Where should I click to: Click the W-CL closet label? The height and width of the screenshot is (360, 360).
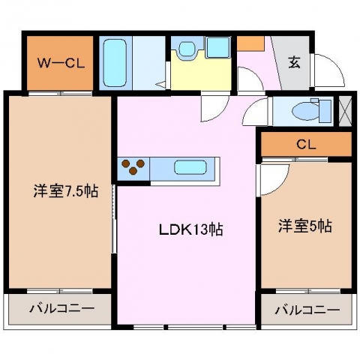coord(61,63)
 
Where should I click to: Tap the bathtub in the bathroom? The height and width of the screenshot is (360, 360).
coord(115,63)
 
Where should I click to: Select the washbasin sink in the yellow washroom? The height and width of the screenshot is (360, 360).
coord(187,49)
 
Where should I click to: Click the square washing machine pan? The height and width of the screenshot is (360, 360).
coord(218,47)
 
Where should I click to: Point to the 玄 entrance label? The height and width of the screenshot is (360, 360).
coord(294,62)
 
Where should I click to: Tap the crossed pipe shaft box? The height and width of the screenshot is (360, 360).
coord(345,111)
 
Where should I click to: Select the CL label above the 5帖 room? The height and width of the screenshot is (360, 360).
coord(307,145)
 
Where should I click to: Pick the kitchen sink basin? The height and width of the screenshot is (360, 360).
coord(190,167)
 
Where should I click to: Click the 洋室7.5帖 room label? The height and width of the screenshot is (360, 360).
coord(66,191)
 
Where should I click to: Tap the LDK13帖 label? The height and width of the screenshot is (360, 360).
coord(191,229)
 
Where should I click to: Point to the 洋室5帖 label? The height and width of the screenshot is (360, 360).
coord(305,226)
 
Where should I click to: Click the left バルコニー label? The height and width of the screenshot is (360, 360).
coord(62,308)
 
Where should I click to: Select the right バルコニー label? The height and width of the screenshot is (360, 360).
coord(307,310)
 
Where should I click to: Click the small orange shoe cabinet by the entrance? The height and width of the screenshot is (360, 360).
coord(250,44)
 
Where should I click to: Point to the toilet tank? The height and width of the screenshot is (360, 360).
coord(325,111)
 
